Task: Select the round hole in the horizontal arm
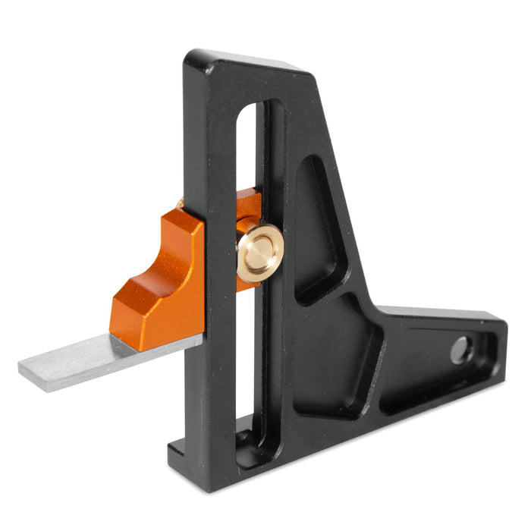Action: pos(460,350)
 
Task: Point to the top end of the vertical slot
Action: pos(250,110)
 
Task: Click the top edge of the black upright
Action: pos(250,64)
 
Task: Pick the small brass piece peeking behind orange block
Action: pos(180,203)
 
